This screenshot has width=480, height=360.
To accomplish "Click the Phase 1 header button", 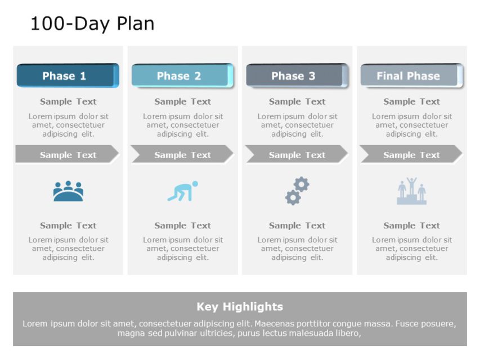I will [66, 76].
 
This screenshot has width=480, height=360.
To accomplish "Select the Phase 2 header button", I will [181, 76].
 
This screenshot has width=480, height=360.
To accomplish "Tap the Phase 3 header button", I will [295, 76].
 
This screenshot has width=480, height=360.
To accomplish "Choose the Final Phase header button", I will [410, 76].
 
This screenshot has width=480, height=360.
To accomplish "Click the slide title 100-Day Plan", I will [92, 24].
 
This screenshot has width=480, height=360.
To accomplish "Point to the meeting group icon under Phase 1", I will [68, 191].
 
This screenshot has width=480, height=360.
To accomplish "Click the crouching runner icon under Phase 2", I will [182, 191].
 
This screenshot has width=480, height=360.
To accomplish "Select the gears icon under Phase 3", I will [297, 191].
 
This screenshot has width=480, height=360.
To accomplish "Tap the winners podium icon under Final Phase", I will [411, 192].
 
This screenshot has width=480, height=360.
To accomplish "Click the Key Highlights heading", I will [240, 307].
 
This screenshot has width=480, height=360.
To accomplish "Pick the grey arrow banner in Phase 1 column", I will [66, 155].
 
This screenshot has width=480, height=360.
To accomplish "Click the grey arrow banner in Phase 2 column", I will [181, 155].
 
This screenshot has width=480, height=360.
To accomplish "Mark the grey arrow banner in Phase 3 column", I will [296, 155].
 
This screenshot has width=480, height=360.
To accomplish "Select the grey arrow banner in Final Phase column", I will [410, 155].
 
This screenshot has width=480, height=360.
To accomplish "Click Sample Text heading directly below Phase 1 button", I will [68, 102].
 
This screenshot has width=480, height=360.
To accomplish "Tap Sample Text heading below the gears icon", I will [297, 226].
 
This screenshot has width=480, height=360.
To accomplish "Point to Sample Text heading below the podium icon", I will [411, 226].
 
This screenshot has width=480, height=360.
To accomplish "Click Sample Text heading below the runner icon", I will [182, 226].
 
